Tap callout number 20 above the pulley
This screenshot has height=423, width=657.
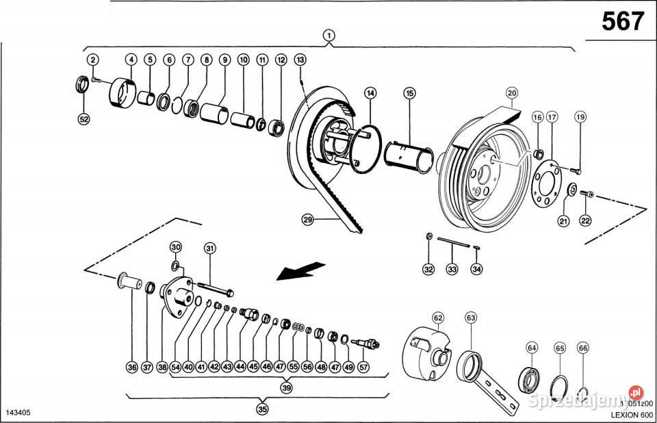[x=512, y=92]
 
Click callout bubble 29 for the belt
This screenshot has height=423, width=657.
[x=308, y=219]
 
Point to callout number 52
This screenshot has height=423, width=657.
[x=84, y=119]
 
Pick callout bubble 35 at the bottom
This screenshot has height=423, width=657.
[x=262, y=409]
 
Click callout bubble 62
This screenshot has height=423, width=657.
[x=438, y=318]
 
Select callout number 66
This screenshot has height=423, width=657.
[x=583, y=348]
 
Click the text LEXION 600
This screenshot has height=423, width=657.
[x=628, y=414]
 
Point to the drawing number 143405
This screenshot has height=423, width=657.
[x=18, y=413]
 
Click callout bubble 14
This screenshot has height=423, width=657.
[x=370, y=92]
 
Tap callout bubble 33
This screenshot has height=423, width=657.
[x=452, y=269]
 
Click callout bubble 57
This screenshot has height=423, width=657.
[x=363, y=367]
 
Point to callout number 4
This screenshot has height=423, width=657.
[x=131, y=60]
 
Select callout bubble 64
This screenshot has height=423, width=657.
[x=532, y=348]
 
